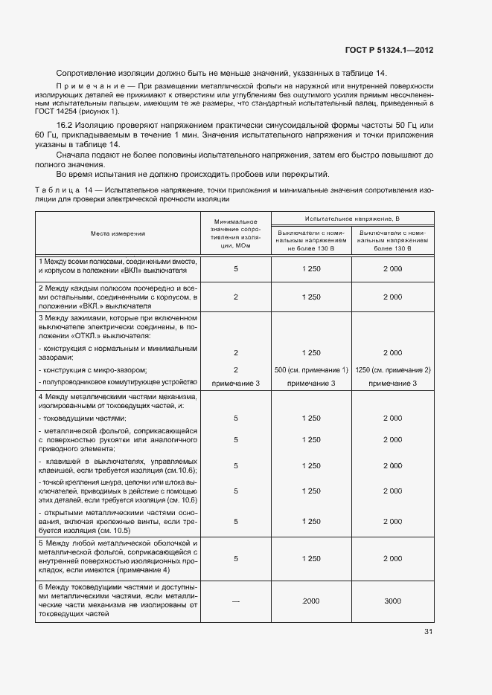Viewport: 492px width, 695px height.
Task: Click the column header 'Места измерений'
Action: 118,233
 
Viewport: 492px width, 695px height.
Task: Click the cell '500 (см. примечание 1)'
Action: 311,369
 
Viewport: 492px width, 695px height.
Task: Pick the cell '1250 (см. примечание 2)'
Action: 393,369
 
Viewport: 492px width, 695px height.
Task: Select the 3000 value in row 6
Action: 392,601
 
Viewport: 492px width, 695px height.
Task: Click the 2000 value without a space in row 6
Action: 311,601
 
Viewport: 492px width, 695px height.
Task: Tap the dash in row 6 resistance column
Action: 235,601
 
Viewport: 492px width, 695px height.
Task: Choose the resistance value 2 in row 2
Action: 235,297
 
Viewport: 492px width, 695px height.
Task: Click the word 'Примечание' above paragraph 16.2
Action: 83,87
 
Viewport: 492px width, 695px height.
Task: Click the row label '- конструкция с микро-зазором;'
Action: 92,369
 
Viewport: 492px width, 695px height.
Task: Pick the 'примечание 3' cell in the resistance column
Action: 235,382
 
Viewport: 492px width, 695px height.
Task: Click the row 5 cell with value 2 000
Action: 392,557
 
